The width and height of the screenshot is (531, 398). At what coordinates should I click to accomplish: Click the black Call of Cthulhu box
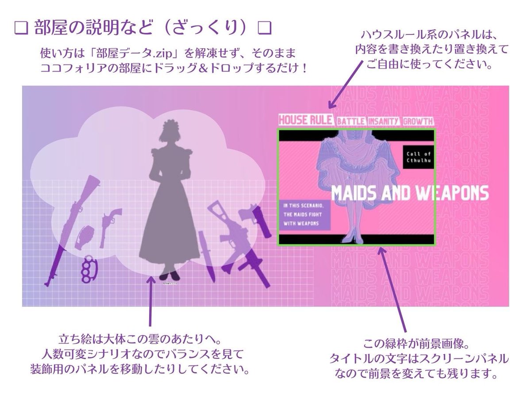tap(419, 157)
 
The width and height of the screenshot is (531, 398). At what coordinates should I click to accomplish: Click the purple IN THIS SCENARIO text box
tap(304, 214)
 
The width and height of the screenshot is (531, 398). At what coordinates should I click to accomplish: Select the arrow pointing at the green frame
tap(392, 287)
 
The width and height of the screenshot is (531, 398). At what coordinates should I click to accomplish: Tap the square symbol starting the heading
tap(20, 28)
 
